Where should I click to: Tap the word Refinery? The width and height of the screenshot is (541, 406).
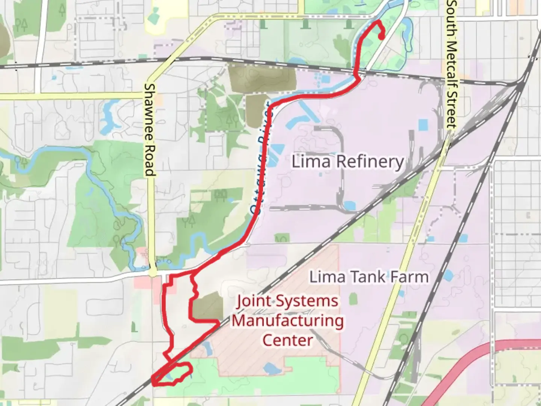pos(370,162)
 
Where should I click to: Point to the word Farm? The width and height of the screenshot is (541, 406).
pos(408,277)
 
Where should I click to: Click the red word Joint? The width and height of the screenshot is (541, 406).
pos(254,301)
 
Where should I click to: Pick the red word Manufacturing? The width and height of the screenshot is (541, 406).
pos(288,321)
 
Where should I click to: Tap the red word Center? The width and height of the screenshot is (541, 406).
pos(287,340)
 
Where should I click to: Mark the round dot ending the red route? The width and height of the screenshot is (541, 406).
pos(382,37)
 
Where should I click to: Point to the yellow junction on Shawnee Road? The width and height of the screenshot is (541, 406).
pos(153,272)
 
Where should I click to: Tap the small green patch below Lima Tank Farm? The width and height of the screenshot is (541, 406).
pos(353,299)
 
